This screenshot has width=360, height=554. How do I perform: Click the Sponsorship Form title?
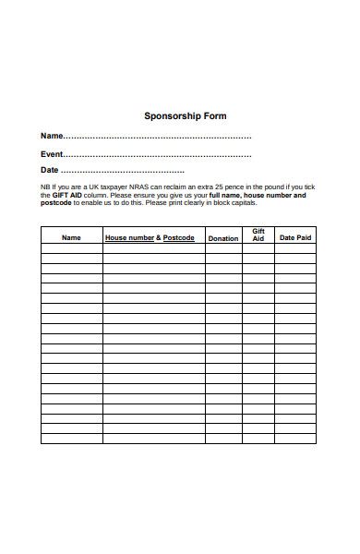(x=186, y=116)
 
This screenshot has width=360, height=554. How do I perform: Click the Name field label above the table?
(x=52, y=137)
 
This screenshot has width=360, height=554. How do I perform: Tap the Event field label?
(x=52, y=154)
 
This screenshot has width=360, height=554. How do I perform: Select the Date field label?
(x=50, y=171)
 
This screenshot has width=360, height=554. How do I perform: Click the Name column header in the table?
(x=71, y=238)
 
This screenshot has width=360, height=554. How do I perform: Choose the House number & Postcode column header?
(x=150, y=238)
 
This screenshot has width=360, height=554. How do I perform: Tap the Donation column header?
(x=222, y=238)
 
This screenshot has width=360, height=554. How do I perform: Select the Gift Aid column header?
(x=258, y=235)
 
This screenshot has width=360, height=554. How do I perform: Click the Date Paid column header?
(x=295, y=238)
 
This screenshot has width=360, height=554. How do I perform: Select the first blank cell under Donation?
(x=222, y=248)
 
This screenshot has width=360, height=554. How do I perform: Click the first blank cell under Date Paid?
(x=295, y=248)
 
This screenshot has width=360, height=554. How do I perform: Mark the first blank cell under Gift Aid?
(x=258, y=248)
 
